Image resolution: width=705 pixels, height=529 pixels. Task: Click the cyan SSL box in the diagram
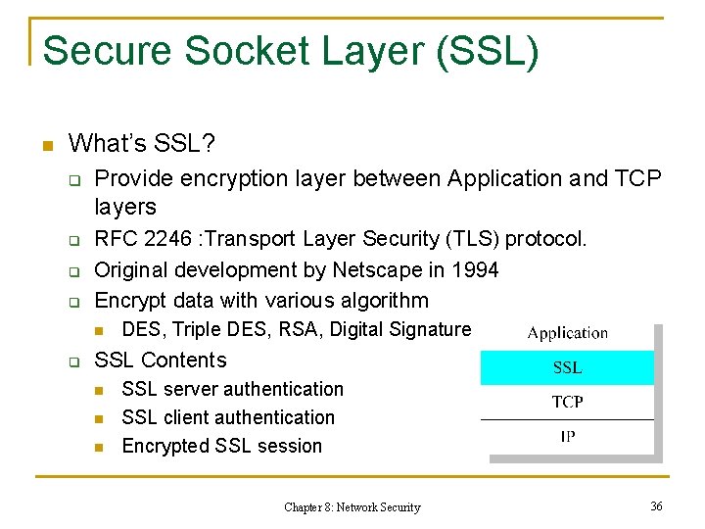point(567,367)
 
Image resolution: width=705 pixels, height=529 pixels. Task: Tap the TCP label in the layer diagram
point(567,402)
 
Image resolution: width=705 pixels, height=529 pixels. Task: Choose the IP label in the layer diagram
point(567,436)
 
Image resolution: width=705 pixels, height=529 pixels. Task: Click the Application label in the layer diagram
point(567,333)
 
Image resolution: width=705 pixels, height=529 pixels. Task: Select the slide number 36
point(656,505)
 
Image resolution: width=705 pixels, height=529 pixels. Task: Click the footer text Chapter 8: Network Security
point(352,506)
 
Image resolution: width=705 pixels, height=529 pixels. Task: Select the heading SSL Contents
point(160,360)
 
